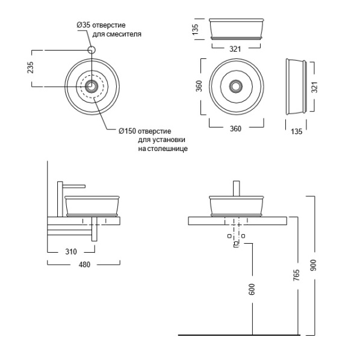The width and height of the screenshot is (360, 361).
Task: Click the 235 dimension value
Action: pyautogui.click(x=30, y=67)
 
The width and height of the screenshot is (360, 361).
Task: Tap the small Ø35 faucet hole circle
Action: pyautogui.click(x=92, y=50)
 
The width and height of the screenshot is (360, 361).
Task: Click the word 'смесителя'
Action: pyautogui.click(x=126, y=34)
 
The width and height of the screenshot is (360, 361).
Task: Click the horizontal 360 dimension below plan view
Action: pyautogui.click(x=236, y=129)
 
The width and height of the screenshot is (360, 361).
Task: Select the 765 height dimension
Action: pyautogui.click(x=294, y=276)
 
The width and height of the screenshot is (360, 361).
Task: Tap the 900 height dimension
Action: pyautogui.click(x=312, y=265)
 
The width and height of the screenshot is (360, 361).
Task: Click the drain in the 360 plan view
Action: pyautogui.click(x=236, y=86)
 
